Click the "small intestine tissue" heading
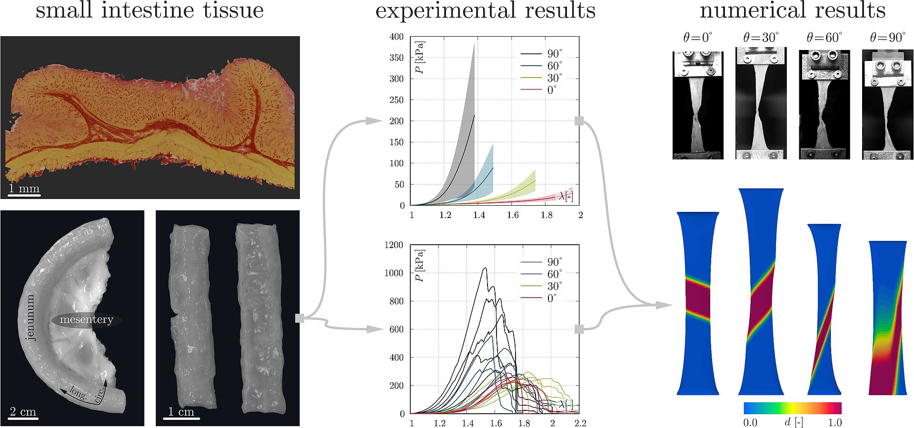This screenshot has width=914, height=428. click(149, 10)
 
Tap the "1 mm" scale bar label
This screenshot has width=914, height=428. click(24, 188)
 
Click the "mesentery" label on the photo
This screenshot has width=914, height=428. click(86, 319)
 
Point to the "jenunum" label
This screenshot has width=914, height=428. click(30, 317)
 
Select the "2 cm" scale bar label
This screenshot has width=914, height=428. click(23, 412)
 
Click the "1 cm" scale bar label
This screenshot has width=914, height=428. click(181, 412)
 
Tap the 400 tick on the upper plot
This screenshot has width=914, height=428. click(396, 37)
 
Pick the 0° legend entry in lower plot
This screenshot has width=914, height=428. click(552, 298)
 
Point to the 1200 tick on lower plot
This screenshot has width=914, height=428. click(394, 245)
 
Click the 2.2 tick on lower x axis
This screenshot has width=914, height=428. click(580, 423)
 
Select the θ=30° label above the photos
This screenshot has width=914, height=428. click(761, 37)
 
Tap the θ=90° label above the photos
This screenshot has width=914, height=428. click(887, 37)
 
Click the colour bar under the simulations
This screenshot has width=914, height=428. click(793, 408)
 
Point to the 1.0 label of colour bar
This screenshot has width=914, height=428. click(835, 423)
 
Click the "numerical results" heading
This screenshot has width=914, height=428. click(792, 10)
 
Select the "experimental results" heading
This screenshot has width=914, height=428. click(485, 10)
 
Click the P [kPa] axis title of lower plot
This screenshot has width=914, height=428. click(420, 265)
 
